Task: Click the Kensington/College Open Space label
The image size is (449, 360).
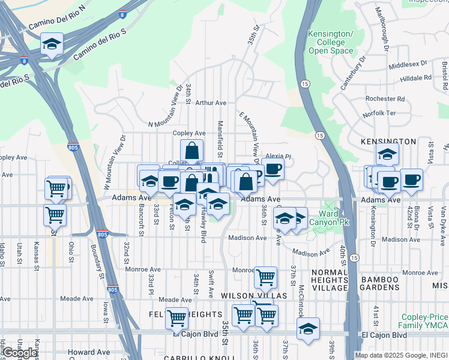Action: (x=331, y=43)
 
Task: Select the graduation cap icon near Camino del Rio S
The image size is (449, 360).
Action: (x=52, y=44)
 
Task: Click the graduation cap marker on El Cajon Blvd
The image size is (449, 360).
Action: (x=308, y=329)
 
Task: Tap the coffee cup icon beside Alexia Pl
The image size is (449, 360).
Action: (x=273, y=169)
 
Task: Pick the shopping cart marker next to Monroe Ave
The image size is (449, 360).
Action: (x=265, y=278)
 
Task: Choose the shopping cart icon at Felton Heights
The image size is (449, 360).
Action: (x=177, y=318)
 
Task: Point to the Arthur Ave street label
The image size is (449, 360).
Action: (x=210, y=103)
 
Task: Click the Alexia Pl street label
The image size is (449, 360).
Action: (x=278, y=156)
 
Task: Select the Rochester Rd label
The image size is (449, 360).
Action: (x=385, y=98)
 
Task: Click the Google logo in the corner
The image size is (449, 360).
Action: (x=19, y=353)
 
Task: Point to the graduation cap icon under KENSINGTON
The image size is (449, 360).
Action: (x=388, y=154)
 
